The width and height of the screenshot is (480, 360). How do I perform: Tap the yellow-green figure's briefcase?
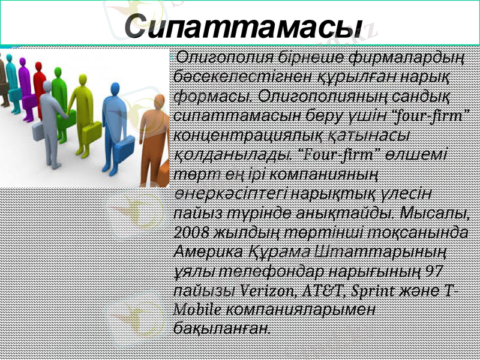[91, 133]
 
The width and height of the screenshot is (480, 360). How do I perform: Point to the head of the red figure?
[40, 66]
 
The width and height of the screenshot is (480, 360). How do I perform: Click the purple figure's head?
[25, 62]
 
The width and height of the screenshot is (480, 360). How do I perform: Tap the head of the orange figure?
[160, 103]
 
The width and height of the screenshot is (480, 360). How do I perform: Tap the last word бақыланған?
[221, 328]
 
